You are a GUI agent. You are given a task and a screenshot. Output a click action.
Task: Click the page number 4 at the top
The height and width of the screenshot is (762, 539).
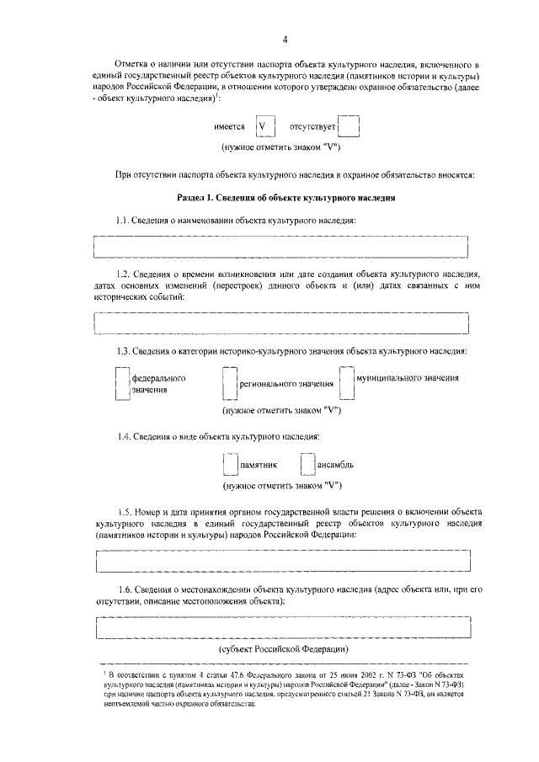[x=285, y=40]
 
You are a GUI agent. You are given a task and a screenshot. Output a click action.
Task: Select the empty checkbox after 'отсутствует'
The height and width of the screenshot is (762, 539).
[x=350, y=126]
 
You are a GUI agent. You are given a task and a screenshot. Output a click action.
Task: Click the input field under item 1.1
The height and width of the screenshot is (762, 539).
[x=281, y=246]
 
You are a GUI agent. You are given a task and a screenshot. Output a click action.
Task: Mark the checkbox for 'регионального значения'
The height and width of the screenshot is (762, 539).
[x=228, y=385]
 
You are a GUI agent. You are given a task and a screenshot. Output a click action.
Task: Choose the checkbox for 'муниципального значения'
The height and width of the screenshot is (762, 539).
[x=345, y=381]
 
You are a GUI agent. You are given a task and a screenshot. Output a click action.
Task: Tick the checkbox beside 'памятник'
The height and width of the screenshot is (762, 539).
[x=229, y=465]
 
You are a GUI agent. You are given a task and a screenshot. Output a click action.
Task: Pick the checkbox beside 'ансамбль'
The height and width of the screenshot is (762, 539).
[x=307, y=465]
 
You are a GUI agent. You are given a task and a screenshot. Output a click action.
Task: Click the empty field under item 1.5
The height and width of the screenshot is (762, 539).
[x=281, y=560]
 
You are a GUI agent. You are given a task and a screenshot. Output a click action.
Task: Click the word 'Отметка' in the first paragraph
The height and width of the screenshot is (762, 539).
[x=133, y=64]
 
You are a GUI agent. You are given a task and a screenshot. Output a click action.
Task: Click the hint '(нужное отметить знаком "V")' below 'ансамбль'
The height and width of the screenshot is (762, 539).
[x=281, y=486]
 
